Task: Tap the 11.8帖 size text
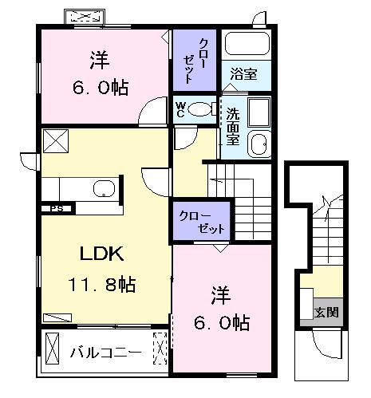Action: point(103,285)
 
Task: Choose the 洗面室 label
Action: point(232,124)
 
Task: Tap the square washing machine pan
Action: point(259,112)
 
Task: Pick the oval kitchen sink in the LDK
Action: point(105,189)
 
